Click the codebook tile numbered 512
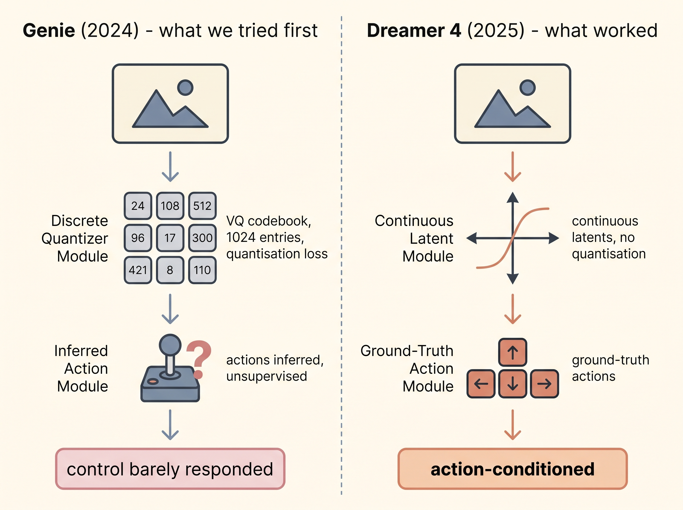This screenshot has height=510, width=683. [x=202, y=205]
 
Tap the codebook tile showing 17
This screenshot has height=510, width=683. [x=170, y=238]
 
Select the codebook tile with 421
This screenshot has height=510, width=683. [x=138, y=270]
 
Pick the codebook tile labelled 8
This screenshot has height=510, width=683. [x=170, y=270]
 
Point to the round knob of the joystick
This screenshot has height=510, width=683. [x=170, y=345]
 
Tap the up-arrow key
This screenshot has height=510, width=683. [x=513, y=352]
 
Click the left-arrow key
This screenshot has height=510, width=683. [x=481, y=384]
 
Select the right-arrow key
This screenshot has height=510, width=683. [x=544, y=384]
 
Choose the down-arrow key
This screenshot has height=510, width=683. [x=513, y=384]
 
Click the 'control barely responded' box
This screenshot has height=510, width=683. [x=170, y=469]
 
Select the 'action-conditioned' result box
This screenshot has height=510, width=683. [x=513, y=469]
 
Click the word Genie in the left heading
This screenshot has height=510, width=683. [x=49, y=30]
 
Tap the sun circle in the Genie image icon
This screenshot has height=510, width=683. [x=185, y=88]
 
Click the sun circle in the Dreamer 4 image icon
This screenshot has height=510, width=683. [x=527, y=88]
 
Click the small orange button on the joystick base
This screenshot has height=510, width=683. [x=153, y=382]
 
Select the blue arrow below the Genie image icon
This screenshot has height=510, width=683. [x=170, y=166]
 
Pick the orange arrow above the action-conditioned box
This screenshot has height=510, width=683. [x=513, y=425]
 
